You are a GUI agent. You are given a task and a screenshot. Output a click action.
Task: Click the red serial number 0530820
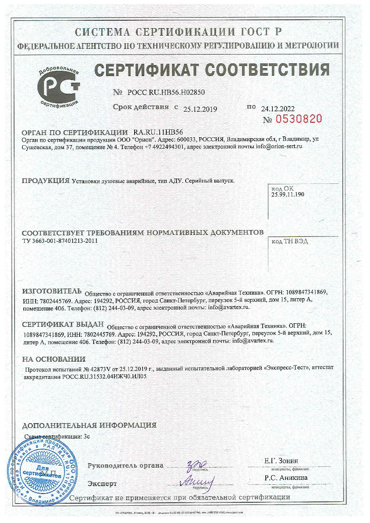pos(299,119)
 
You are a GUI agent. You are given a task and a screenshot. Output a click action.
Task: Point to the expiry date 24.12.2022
pos(278,108)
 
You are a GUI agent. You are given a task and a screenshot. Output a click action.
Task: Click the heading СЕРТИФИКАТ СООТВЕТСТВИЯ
pos(212,69)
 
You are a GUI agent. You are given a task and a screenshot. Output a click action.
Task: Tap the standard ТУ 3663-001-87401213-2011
pos(59,241)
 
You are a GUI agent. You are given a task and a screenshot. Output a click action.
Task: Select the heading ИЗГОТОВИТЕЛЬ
pos(52,291)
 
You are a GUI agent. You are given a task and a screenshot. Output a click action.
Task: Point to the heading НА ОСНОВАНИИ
pos(54,359)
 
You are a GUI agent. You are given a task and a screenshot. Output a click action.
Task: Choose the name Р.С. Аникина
pos(286,478)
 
